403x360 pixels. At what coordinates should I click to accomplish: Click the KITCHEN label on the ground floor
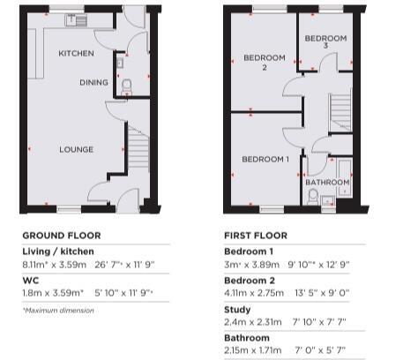pos(76,53)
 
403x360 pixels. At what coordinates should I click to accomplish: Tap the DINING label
pos(93,82)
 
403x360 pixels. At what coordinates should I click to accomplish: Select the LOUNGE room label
pos(77,149)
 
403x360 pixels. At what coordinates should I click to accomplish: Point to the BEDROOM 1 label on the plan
pos(265,160)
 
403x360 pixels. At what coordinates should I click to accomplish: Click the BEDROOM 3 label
pos(325,41)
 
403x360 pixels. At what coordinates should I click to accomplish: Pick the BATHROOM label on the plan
pos(327,183)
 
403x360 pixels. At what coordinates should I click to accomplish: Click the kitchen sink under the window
pos(76,20)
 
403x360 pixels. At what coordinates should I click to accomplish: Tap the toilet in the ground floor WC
pos(126,87)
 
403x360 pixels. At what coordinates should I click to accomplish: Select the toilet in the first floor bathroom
pos(313,197)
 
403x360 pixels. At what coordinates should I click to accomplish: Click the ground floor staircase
pos(138,147)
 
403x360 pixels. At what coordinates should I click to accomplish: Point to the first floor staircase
pos(340,112)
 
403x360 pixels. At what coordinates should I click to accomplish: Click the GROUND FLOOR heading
pos(62,236)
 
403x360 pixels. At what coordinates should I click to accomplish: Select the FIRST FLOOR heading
pos(256,236)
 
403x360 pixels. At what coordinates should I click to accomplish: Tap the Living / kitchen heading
pos(58,251)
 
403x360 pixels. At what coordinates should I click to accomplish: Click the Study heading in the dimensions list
pos(237,310)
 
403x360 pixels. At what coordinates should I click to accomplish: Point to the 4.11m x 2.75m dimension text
pos(254,293)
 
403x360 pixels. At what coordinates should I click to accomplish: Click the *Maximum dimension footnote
pos(58,311)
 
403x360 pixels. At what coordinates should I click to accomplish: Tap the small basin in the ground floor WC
pos(120,63)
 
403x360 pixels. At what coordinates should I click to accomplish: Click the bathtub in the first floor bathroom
pos(345,177)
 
